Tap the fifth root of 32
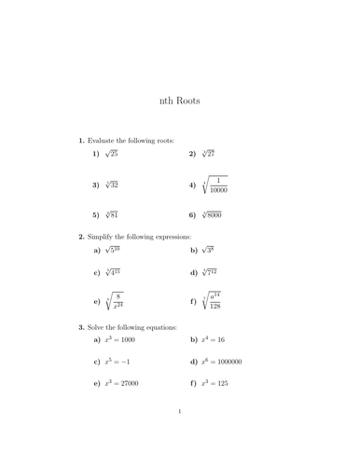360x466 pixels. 111,185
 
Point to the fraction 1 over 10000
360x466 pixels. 219,185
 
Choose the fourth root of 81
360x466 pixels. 111,215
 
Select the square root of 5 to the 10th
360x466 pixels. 113,250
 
